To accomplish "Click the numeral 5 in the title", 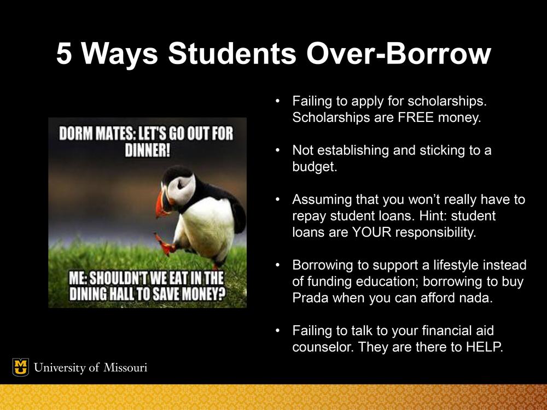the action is pos(64,54).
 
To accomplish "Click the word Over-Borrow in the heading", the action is pos(398,54).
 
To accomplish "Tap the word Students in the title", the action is pos(232,54).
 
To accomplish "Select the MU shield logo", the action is pos(21,367).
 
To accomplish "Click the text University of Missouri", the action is pos(90,367).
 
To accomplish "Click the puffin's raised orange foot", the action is pos(165,244).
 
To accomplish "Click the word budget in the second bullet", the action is pos(315,167).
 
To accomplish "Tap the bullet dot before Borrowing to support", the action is pos(277,265).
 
